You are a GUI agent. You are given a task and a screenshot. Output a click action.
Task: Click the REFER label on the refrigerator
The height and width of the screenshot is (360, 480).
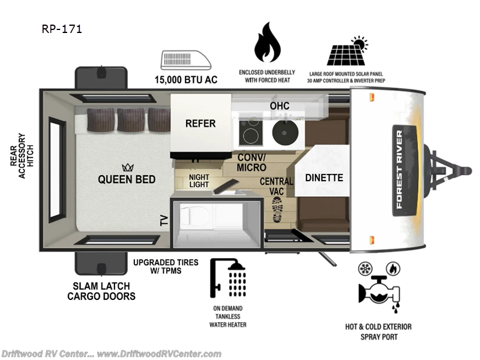click(x=200, y=124)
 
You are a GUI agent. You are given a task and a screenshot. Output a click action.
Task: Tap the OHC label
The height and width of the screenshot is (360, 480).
click(x=279, y=106)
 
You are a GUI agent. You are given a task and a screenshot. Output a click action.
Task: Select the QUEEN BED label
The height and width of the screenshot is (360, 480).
click(x=127, y=179)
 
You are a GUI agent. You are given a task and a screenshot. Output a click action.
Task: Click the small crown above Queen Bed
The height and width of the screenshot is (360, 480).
click(x=127, y=167)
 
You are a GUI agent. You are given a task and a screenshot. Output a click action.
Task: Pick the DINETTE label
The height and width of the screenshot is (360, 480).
click(x=324, y=178)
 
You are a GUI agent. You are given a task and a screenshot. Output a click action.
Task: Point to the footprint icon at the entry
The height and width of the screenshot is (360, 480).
click(x=277, y=210)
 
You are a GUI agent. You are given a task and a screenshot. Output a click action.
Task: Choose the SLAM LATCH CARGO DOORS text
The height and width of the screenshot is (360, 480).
click(x=101, y=290)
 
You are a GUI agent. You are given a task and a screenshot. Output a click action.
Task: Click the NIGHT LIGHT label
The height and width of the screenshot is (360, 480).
click(x=199, y=181)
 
